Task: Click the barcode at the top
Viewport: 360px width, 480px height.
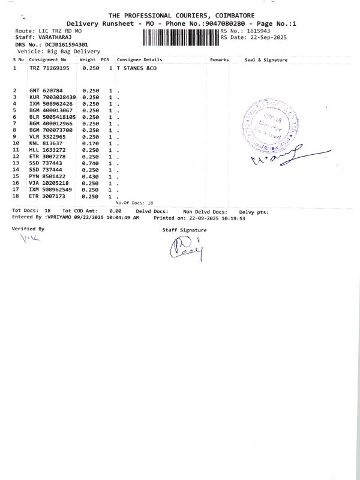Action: tap(181, 37)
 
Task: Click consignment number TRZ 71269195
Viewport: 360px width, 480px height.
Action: tap(49, 68)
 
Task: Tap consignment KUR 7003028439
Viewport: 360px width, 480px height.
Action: tap(53, 97)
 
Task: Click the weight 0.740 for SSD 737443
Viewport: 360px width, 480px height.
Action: tap(91, 163)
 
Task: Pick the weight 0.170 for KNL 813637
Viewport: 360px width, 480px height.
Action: tap(91, 143)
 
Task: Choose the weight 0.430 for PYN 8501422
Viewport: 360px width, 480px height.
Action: tap(91, 176)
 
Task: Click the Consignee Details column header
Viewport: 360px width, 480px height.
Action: tap(139, 60)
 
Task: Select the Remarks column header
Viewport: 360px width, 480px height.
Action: tap(219, 60)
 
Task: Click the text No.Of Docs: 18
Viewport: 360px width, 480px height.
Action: tap(134, 203)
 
